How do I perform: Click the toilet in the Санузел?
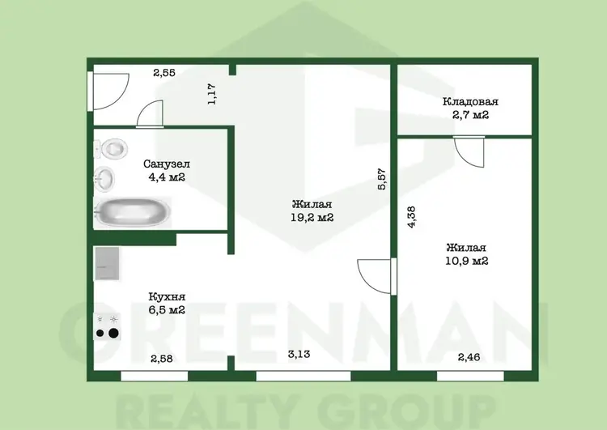click(112, 148)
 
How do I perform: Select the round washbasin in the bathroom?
click(104, 179)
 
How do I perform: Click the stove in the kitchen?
click(107, 327)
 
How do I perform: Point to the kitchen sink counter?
click(107, 264)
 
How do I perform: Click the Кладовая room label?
click(470, 102)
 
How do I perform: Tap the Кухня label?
click(167, 297)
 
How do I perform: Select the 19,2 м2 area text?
click(312, 217)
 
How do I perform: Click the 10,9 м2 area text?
click(466, 261)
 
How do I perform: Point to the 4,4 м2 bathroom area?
click(167, 177)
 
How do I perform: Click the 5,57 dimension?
click(381, 179)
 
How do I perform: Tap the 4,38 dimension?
click(411, 216)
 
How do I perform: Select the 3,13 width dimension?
click(299, 354)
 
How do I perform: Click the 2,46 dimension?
click(469, 357)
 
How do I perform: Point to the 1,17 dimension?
click(212, 94)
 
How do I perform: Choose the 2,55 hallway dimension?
click(164, 72)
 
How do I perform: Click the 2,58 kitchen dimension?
click(161, 359)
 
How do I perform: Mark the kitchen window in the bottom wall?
click(154, 376)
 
